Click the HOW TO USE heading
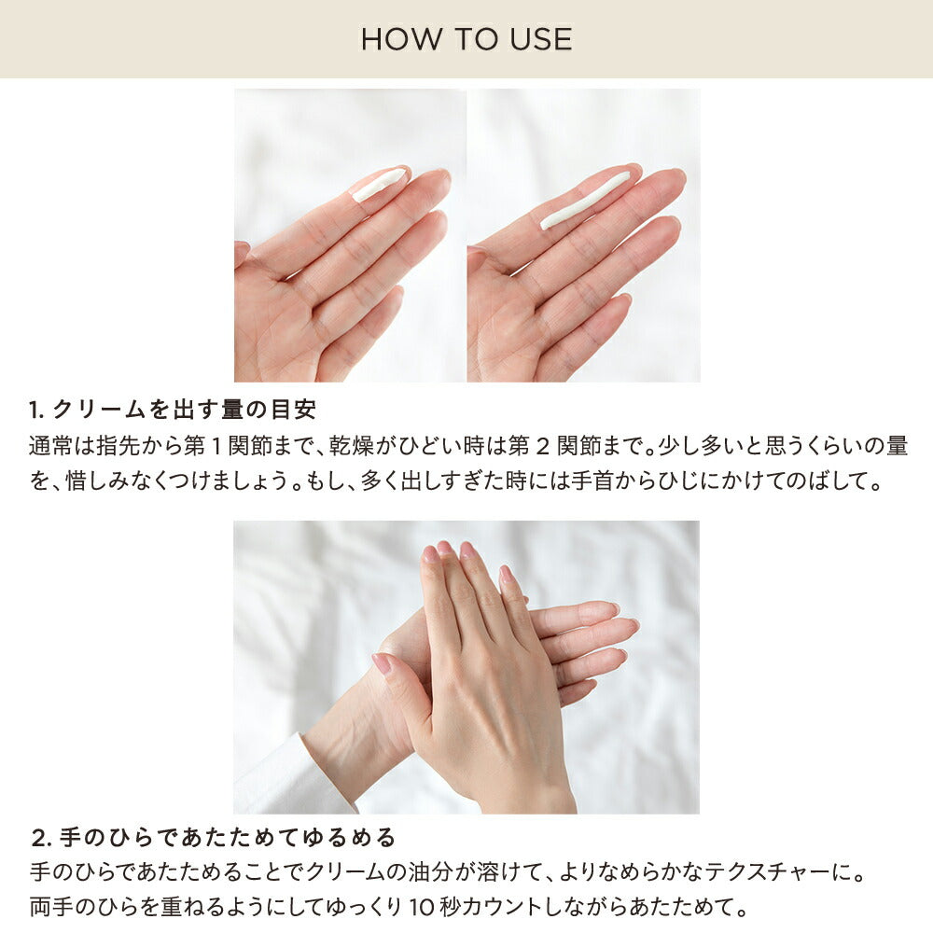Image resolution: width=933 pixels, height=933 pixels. pyautogui.click(x=466, y=39)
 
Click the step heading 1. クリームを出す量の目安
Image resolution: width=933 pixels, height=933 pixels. pyautogui.click(x=173, y=409)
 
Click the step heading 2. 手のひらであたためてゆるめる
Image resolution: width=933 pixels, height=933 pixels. pyautogui.click(x=214, y=836)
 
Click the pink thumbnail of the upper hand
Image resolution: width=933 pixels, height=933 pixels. pyautogui.click(x=381, y=663)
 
